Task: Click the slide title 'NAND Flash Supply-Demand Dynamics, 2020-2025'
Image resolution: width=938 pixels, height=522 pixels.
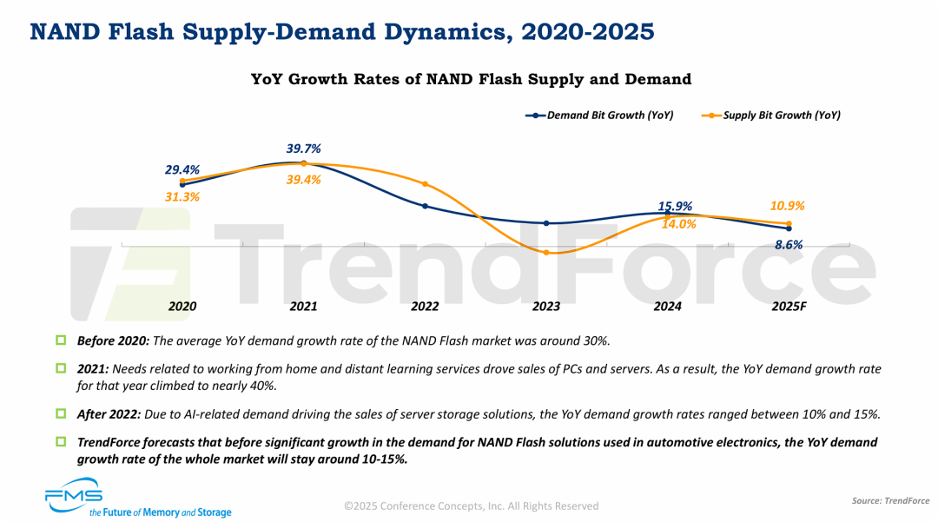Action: pos(342,32)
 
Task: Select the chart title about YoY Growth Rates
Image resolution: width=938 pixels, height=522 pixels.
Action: pos(471,79)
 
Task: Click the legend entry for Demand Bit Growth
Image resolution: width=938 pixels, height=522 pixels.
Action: pos(599,115)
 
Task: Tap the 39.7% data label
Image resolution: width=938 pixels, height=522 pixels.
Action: pos(303,149)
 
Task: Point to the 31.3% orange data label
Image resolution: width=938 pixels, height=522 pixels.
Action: pos(182,197)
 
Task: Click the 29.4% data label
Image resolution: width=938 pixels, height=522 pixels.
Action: pos(182,169)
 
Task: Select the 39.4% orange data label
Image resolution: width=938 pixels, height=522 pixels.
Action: pos(303,180)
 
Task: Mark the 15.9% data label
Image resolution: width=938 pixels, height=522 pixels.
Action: pos(675,206)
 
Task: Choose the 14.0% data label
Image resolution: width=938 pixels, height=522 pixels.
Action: pos(678,223)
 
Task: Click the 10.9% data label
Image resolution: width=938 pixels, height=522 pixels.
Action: pos(788,206)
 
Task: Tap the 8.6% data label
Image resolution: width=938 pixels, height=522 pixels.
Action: pos(788,245)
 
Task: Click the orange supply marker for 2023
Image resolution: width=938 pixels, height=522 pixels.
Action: pos(546,253)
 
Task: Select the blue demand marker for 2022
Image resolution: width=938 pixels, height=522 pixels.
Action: pos(425,206)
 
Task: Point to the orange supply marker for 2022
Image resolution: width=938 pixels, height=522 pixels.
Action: pos(425,184)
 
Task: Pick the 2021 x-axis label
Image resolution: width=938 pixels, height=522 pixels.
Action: pos(303,307)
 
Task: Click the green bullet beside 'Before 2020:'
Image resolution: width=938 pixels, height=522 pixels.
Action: pos(61,340)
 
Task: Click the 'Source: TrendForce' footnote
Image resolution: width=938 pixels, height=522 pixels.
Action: pos(889,501)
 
